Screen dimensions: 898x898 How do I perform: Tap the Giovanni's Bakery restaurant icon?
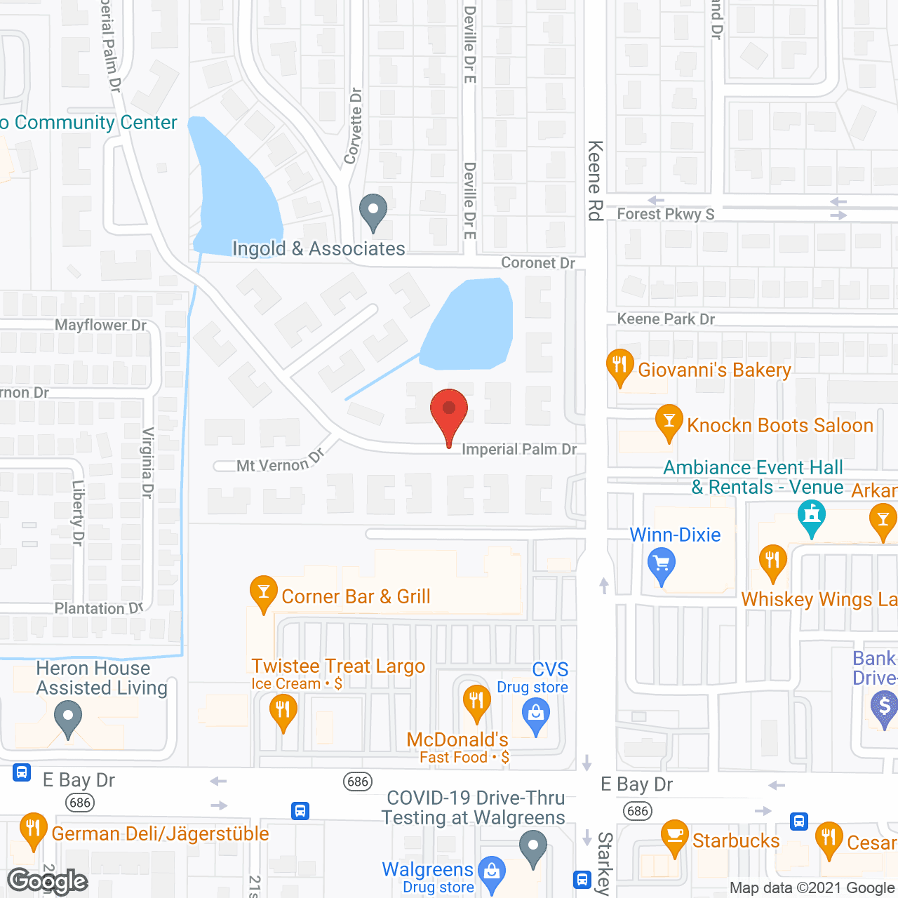pos(619,365)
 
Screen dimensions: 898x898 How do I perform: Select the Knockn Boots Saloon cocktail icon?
pos(669,420)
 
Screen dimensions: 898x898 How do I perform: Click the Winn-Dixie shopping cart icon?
pos(661,563)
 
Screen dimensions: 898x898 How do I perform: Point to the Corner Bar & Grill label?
pos(356,596)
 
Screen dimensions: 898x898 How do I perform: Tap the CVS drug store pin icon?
pos(536,715)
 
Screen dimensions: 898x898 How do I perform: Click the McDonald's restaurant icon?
pos(476,701)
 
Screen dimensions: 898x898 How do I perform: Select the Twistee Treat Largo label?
pos(338,666)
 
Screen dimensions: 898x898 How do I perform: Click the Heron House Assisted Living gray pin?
pos(68,720)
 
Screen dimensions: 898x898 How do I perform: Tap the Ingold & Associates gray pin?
pos(373,210)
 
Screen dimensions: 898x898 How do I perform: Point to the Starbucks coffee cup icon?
pos(674,836)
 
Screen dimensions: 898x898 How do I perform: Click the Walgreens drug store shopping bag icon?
pos(492,872)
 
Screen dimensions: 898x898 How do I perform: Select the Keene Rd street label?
pos(595,180)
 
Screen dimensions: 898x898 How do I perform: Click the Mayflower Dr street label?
pos(100,325)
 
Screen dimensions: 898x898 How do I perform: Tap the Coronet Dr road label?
pos(538,262)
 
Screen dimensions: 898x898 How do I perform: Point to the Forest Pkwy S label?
pos(665,214)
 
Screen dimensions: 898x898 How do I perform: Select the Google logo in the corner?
pos(47,881)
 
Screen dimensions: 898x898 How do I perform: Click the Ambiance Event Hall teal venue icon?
pos(812,516)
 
